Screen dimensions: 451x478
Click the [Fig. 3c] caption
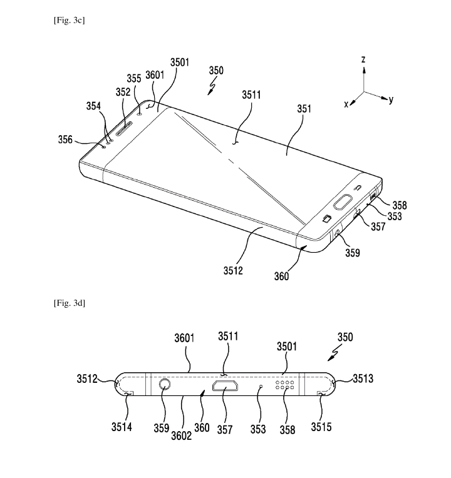70,21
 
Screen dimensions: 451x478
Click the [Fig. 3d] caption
70,303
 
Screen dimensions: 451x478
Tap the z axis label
363,59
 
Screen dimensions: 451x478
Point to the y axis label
391,99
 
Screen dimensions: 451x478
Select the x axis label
346,104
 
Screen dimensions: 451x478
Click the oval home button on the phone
343,203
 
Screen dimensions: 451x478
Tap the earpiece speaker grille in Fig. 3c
123,128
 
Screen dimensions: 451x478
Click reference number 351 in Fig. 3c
304,109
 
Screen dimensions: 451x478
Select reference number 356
65,140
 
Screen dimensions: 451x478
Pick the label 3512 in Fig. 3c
233,270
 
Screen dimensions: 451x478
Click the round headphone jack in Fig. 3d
165,384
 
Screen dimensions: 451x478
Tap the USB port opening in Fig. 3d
225,386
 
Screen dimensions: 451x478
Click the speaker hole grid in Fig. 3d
285,385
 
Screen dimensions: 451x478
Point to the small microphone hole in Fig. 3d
261,386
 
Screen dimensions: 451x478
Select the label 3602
181,435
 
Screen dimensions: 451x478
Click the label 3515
321,427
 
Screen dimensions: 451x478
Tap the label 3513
363,379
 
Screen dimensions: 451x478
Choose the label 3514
122,427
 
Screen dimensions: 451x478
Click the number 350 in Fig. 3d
345,337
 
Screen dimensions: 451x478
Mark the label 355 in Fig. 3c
134,78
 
